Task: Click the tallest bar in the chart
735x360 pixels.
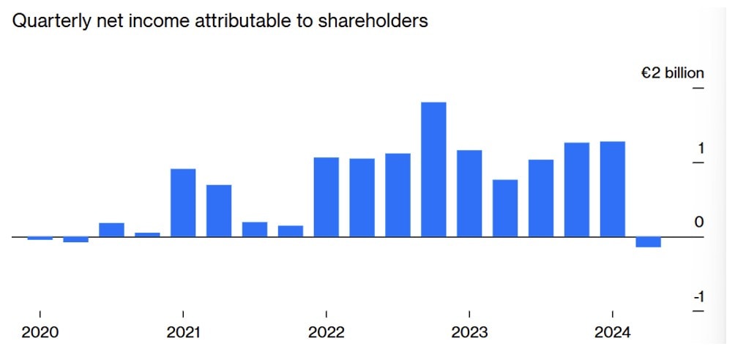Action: point(433,169)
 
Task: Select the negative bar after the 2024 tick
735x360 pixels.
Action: point(648,242)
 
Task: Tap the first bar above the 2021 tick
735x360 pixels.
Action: point(183,203)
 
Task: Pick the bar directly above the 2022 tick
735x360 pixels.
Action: point(326,197)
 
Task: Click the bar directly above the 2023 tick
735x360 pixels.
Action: point(469,193)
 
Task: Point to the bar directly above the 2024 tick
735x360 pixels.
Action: point(612,189)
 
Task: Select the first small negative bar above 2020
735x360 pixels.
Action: point(40,239)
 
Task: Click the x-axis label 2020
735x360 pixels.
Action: point(40,333)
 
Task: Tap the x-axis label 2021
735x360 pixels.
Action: point(183,333)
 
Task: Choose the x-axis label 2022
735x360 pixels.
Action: point(326,333)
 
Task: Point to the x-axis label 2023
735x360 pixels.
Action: point(469,333)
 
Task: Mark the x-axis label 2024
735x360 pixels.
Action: point(612,333)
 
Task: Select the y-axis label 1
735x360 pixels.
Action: point(701,149)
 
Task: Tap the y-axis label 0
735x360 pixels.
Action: point(700,222)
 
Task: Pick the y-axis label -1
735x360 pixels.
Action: point(698,296)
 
